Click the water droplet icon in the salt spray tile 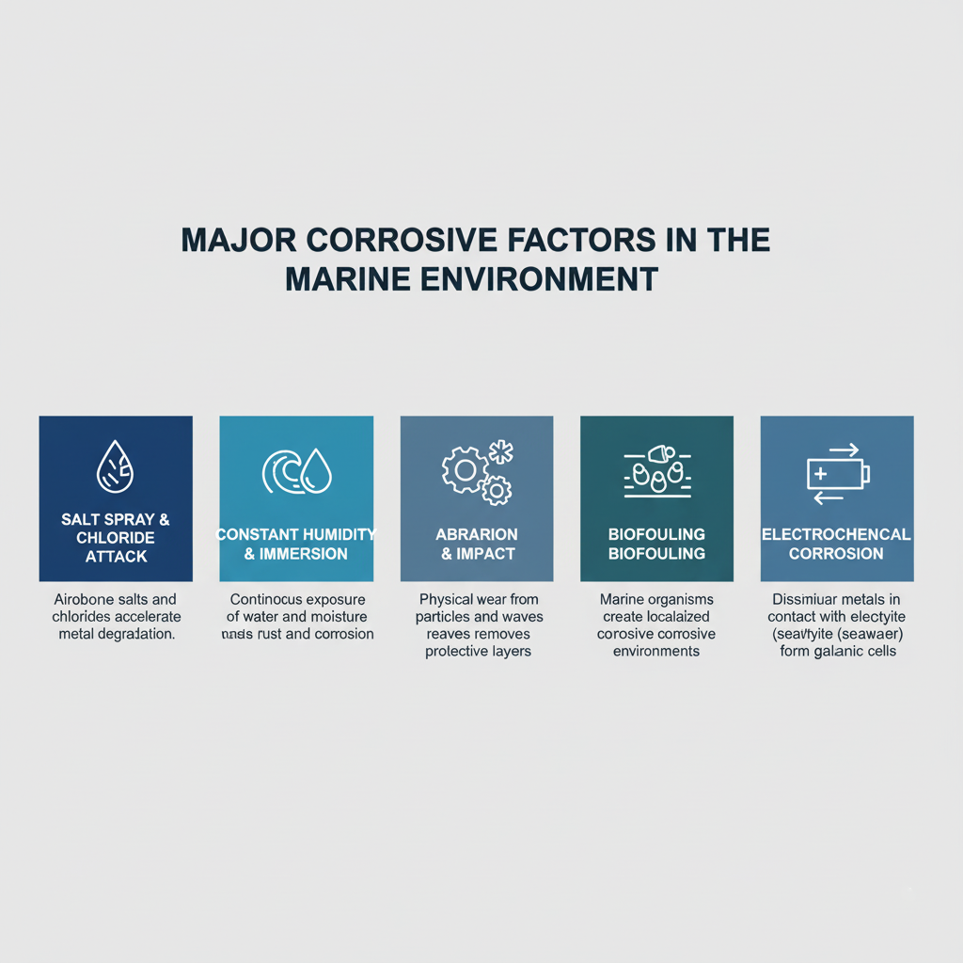pyautogui.click(x=116, y=466)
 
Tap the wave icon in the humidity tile pyautogui.click(x=279, y=469)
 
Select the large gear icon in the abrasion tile pyautogui.click(x=464, y=468)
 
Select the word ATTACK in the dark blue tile pyautogui.click(x=116, y=556)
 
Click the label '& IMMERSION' pyautogui.click(x=295, y=554)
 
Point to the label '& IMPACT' pyautogui.click(x=477, y=554)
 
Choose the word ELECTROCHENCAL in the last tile pyautogui.click(x=836, y=534)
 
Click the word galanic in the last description pyautogui.click(x=845, y=651)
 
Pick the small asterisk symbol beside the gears pyautogui.click(x=501, y=452)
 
